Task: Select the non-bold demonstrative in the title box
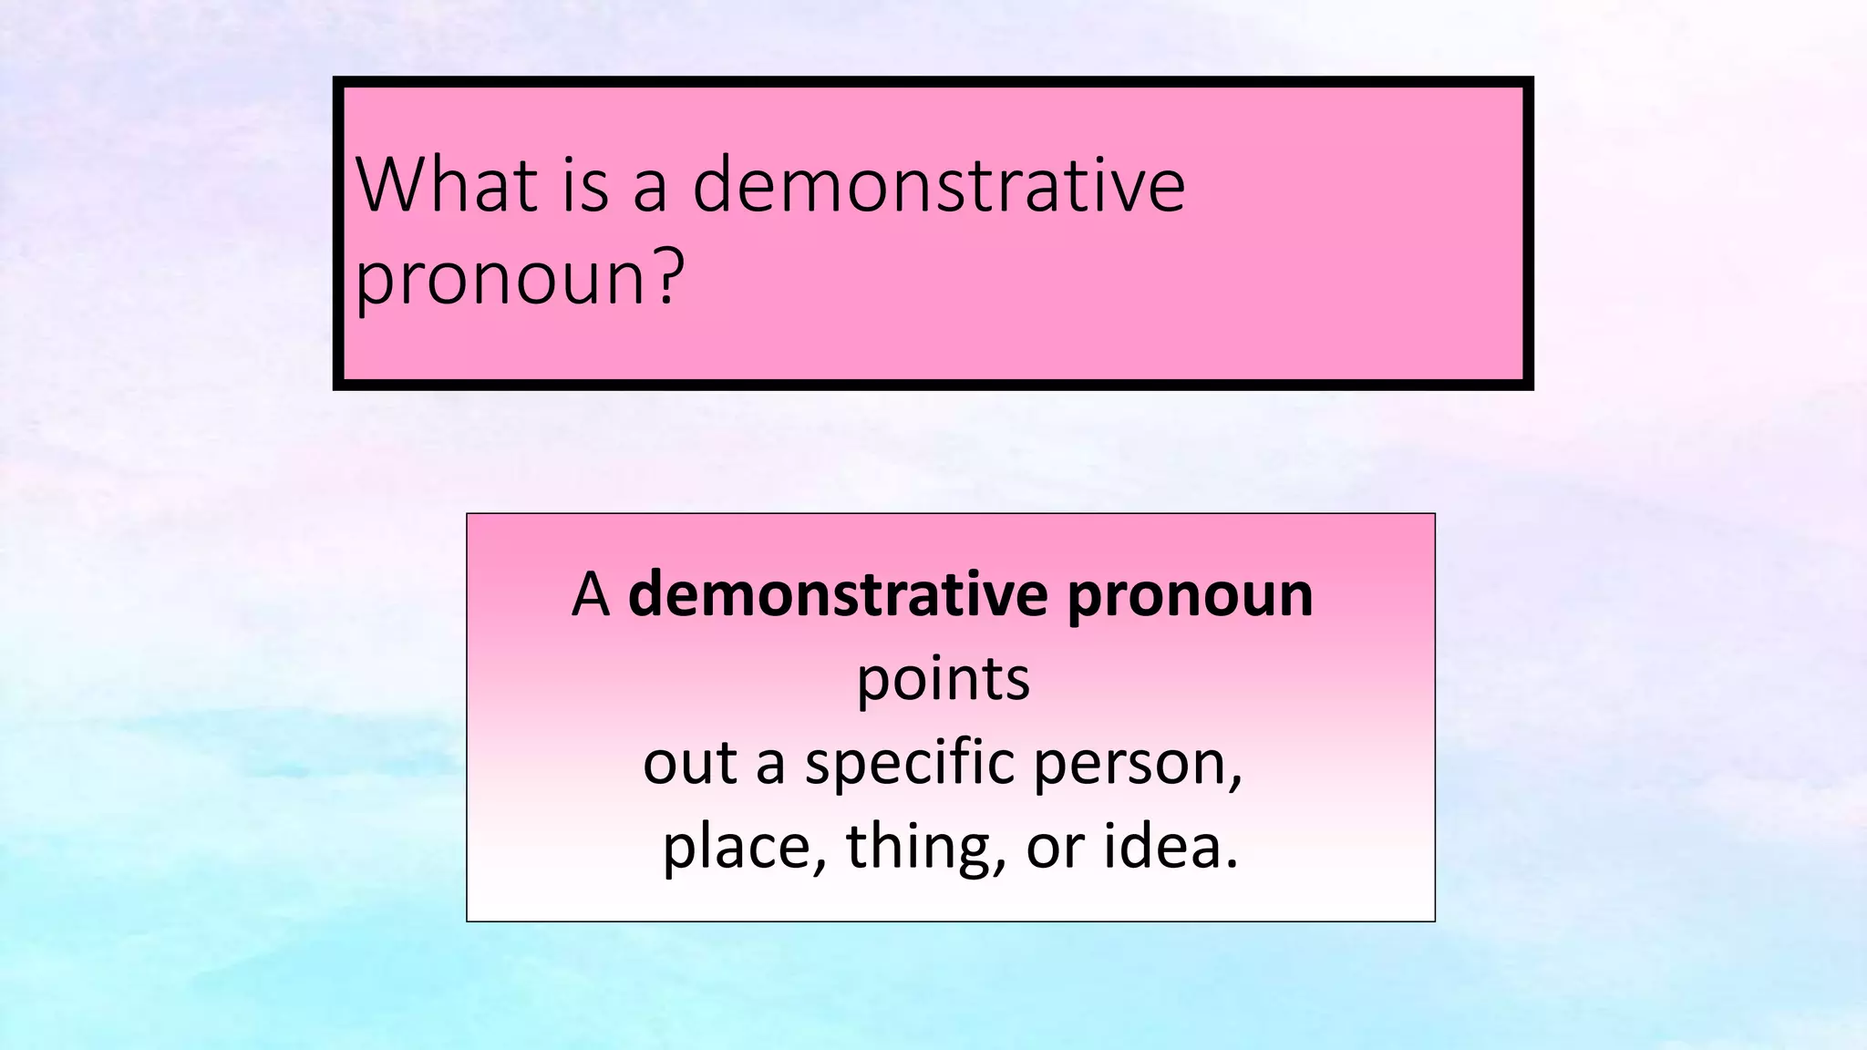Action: (938, 185)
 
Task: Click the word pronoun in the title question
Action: (500, 279)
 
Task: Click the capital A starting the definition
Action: (591, 595)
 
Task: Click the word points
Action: (943, 681)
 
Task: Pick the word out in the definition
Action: (690, 764)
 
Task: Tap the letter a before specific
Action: (770, 766)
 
